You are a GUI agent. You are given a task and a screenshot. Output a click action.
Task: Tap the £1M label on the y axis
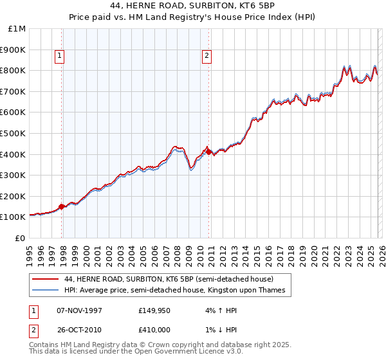click(x=17, y=29)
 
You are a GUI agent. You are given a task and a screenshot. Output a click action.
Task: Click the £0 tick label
click(x=21, y=239)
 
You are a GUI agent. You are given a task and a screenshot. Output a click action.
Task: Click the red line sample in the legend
click(x=46, y=280)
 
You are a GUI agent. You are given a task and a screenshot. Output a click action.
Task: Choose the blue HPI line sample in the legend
click(x=46, y=291)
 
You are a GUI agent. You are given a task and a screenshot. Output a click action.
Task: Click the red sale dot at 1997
click(x=62, y=206)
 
